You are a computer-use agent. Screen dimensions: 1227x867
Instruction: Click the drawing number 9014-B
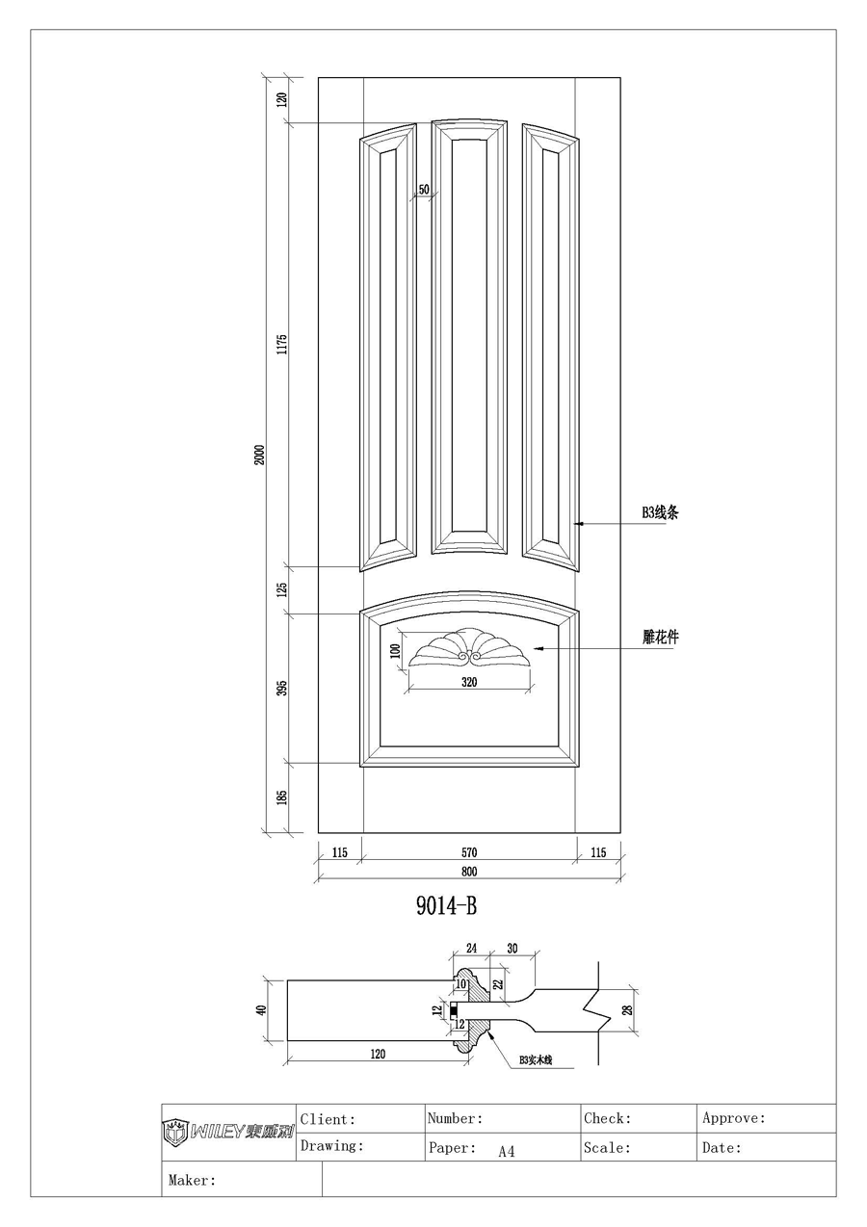pyautogui.click(x=447, y=906)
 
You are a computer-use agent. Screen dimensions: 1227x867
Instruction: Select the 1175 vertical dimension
pyautogui.click(x=282, y=345)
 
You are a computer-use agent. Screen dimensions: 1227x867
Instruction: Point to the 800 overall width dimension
pyautogui.click(x=469, y=872)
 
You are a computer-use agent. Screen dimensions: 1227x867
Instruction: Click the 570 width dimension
pyautogui.click(x=469, y=852)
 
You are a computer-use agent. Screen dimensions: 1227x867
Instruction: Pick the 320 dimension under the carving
pyautogui.click(x=469, y=682)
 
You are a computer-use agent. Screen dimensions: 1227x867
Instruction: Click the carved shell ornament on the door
pyautogui.click(x=469, y=648)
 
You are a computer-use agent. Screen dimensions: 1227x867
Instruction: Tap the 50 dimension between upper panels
pyautogui.click(x=423, y=189)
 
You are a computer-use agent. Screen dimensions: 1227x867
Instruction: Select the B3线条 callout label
pyautogui.click(x=661, y=513)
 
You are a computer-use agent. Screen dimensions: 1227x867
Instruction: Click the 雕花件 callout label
pyautogui.click(x=661, y=638)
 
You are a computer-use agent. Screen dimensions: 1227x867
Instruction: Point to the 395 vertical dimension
pyautogui.click(x=282, y=689)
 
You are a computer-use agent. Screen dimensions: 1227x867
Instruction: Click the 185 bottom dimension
pyautogui.click(x=282, y=797)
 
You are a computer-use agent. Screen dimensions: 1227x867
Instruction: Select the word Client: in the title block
pyautogui.click(x=328, y=1119)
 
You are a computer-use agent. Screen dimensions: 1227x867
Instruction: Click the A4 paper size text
pyautogui.click(x=507, y=1151)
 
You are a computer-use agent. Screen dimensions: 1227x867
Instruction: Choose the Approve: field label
pyautogui.click(x=734, y=1119)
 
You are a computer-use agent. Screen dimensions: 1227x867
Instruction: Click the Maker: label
pyautogui.click(x=192, y=1179)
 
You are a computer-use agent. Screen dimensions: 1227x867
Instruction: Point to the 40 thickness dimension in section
pyautogui.click(x=260, y=1010)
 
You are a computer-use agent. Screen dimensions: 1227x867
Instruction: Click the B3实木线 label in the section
pyautogui.click(x=537, y=1059)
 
